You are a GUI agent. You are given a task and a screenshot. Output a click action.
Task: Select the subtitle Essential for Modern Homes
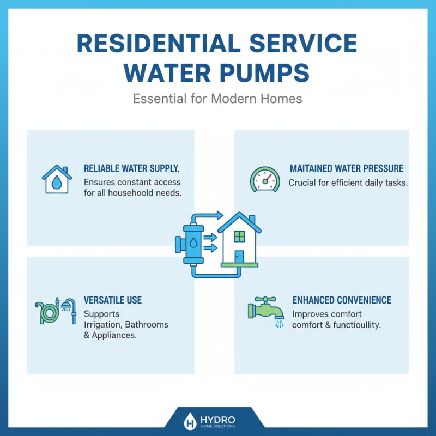(217, 100)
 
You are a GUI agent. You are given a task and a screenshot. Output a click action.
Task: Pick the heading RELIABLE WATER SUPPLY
(132, 169)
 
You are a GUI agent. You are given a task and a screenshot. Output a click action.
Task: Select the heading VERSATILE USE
(113, 300)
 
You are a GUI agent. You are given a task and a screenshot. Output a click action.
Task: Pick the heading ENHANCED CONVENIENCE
(342, 300)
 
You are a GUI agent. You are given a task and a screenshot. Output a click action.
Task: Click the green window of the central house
(240, 236)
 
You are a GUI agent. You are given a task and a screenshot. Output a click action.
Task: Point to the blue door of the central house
(239, 256)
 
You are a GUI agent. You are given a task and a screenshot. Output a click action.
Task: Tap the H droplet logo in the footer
(190, 421)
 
